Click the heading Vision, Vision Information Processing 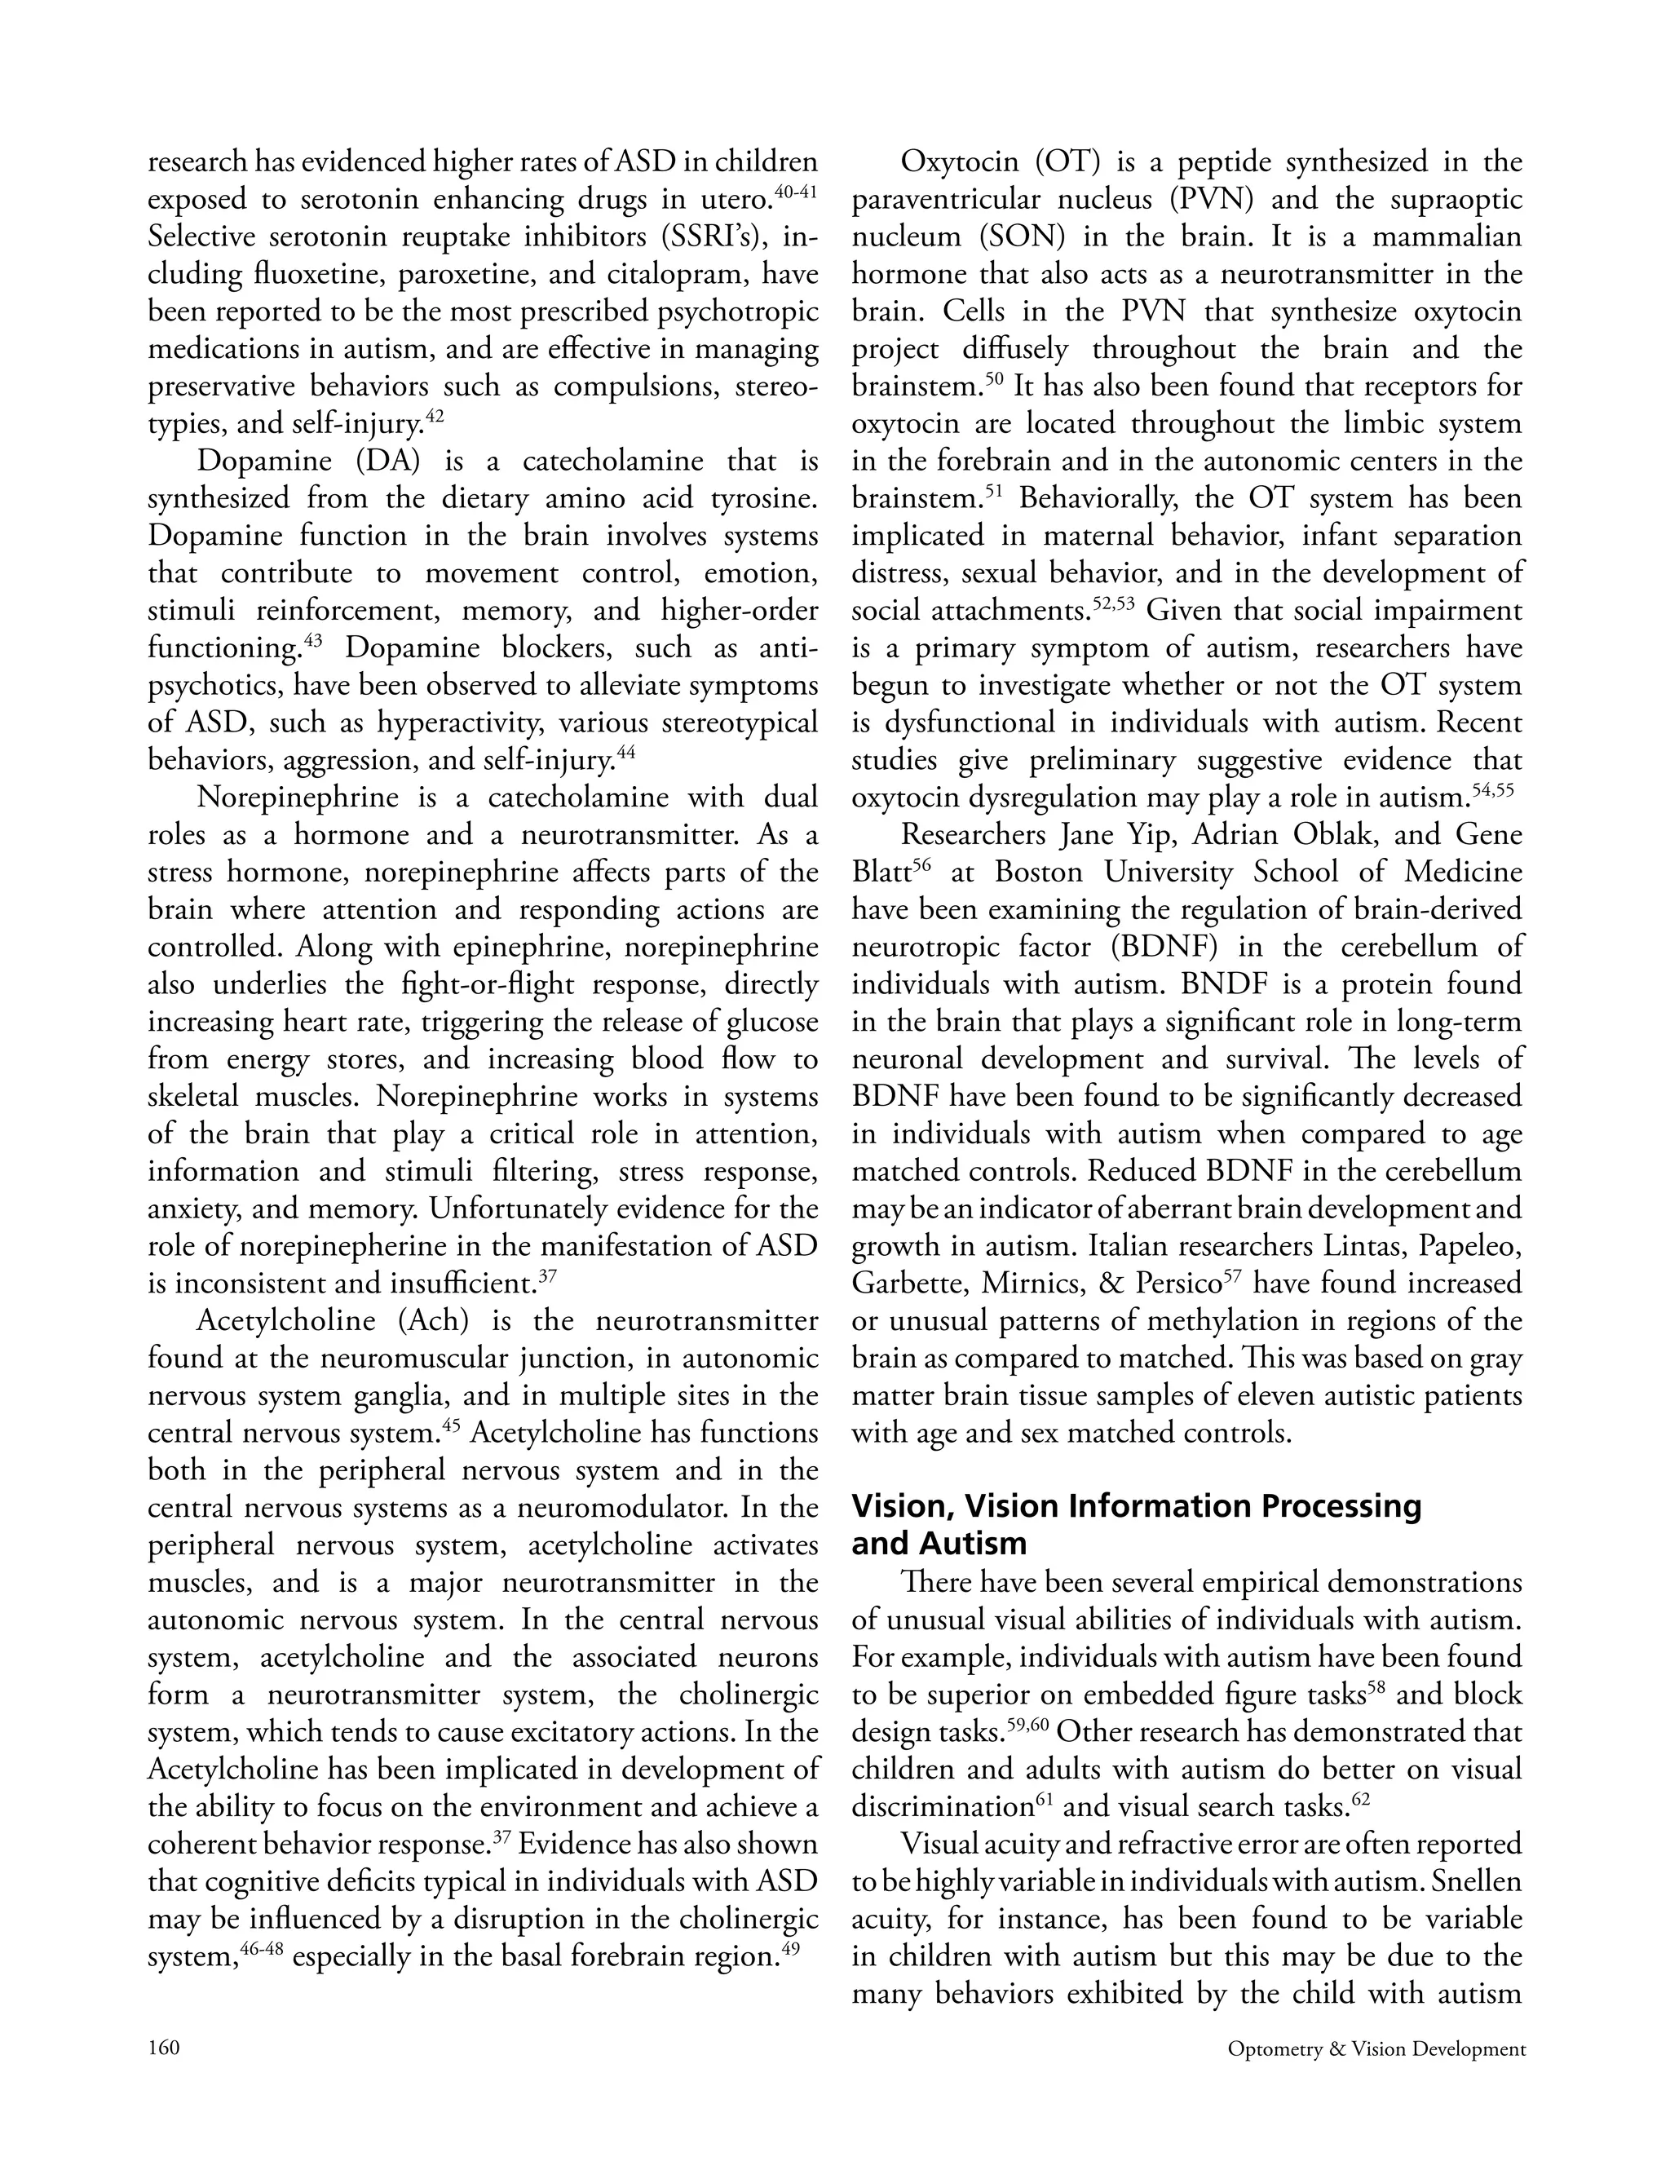coord(1136,1506)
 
